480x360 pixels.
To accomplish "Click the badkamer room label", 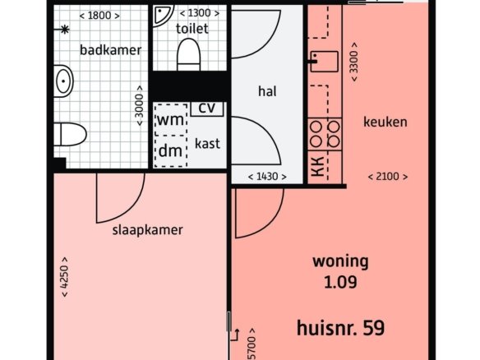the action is coord(110,49).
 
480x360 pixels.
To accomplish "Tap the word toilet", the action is coord(192,29).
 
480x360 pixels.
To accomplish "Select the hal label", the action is coord(267,91).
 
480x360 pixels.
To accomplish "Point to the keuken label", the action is coord(385,122).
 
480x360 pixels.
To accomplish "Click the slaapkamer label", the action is coord(148,230).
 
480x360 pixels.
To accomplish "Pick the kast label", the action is coord(207,143).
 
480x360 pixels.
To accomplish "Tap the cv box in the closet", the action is coord(207,108).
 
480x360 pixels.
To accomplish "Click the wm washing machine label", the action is coord(170,120).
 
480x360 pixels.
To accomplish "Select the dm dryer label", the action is coord(170,150).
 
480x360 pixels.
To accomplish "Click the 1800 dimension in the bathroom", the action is coord(99,16).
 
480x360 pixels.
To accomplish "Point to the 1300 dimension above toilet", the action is coord(199,13).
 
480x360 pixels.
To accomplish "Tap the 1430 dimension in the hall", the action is coord(267,177).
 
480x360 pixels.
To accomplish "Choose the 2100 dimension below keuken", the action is coord(388,177).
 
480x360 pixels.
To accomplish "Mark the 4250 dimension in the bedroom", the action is coord(65,277).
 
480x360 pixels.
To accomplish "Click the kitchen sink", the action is coord(324,62).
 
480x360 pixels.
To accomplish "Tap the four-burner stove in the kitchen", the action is coord(325,134).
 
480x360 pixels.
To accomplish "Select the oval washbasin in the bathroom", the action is coord(63,81).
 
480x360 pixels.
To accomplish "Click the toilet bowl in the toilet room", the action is coord(188,54).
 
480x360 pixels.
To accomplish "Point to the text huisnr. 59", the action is coord(341,328).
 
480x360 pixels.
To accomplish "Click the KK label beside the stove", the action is coord(318,167).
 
